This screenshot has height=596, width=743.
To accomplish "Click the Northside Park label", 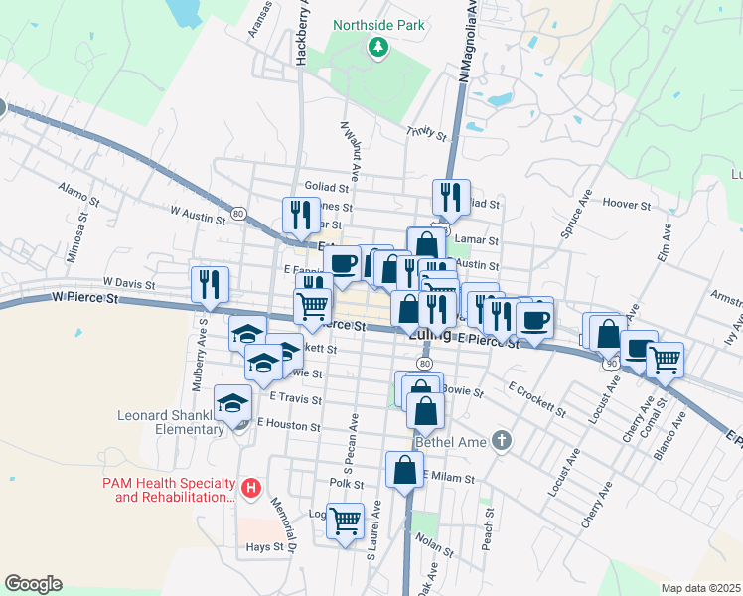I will click(378, 25).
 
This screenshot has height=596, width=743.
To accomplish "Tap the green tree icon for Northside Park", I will click(378, 48).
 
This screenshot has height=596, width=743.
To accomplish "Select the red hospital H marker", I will click(252, 488).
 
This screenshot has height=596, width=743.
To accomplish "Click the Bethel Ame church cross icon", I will click(503, 439).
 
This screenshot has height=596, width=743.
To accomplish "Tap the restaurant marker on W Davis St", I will click(210, 284).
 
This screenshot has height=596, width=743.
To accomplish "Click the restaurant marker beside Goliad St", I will click(452, 198).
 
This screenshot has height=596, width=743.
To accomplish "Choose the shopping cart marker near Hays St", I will click(345, 520).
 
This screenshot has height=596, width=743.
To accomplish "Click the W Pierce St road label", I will click(84, 296).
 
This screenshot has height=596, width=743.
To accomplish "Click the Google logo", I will click(33, 584).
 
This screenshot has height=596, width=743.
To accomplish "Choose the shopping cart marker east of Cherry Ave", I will click(664, 360).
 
